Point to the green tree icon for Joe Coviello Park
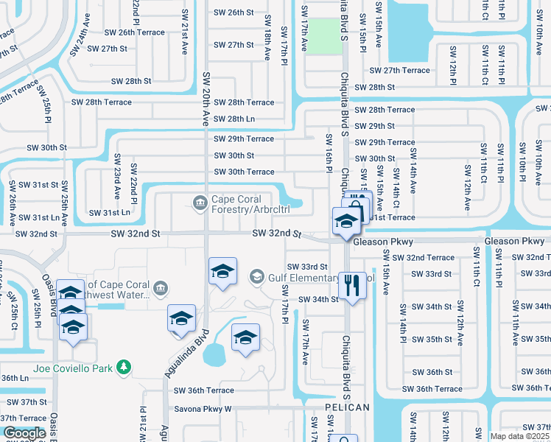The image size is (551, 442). pyautogui.click(x=125, y=366)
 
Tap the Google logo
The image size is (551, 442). pyautogui.click(x=24, y=433)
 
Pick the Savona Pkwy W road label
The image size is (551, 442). pyautogui.click(x=203, y=408)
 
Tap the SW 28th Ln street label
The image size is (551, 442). pyautogui.click(x=234, y=119)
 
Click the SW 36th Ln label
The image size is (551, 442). pyautogui.click(x=13, y=377)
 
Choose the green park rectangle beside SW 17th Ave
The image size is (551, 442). pyautogui.click(x=325, y=36)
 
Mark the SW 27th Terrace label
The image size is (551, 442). pyautogui.click(x=399, y=70)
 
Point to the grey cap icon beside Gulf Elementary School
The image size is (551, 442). pyautogui.click(x=256, y=276)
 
